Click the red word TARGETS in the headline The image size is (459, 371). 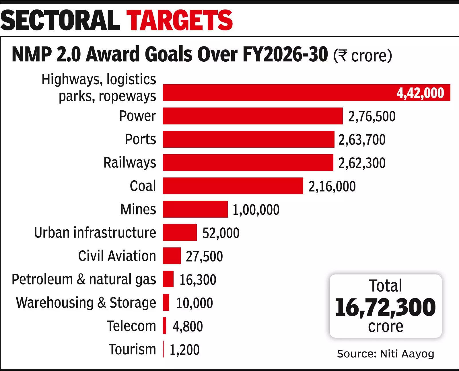coord(180,20)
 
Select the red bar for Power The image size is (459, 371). coord(252,116)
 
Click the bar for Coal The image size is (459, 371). coord(233,186)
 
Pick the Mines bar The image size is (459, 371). coord(195,209)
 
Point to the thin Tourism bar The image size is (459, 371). coord(163,349)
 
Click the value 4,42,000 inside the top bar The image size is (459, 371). coord(420,93)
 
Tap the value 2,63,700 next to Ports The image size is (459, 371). coord(362,140)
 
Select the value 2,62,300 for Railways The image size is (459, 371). coord(362,163)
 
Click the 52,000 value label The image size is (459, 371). coord(221,233)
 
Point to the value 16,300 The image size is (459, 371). coord(198,280)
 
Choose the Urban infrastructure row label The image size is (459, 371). coord(95,232)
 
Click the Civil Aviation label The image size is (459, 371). coord(117,256)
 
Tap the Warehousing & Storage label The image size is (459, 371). coord(86,303)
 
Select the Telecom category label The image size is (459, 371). coord(131,326)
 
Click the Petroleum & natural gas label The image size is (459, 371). coord(84,279)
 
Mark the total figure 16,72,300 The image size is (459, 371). coord(385,307)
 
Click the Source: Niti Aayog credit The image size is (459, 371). coord(385,354)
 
